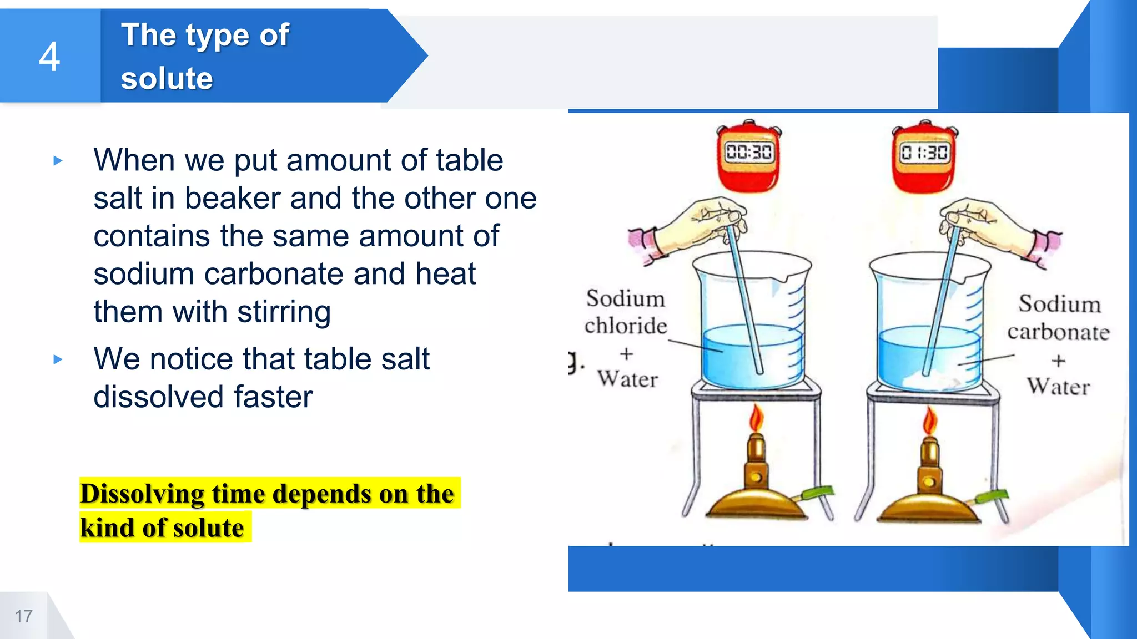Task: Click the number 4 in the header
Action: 49,57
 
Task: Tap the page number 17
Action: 23,616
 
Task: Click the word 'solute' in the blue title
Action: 167,78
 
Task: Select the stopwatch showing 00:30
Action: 749,157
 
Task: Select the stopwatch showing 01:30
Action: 924,157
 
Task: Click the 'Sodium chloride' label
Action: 626,312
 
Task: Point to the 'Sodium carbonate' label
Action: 1059,318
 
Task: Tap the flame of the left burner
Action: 756,419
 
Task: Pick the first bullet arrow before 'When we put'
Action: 58,161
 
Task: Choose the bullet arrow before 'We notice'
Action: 58,359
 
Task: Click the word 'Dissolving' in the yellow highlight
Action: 142,494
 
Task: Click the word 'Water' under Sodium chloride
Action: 628,379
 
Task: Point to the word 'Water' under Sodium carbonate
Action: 1058,387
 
